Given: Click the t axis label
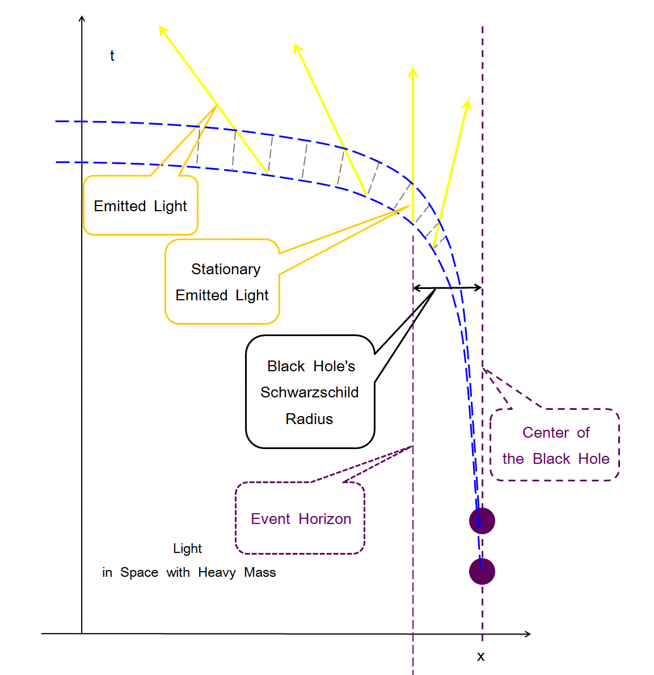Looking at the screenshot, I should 112,56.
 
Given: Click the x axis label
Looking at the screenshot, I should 480,657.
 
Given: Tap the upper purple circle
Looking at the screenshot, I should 482,521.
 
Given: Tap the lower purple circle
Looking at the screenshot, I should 482,571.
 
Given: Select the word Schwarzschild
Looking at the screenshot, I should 309,392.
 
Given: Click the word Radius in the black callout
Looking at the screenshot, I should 309,419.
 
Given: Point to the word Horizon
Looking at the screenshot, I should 325,519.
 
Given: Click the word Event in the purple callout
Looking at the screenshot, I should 271,519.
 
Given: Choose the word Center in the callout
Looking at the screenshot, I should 546,433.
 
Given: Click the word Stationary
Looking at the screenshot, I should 226,269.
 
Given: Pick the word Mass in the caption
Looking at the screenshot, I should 260,572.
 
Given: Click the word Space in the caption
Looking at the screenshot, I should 139,572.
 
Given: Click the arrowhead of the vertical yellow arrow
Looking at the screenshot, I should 413,72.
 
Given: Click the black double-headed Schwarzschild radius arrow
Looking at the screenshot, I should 448,288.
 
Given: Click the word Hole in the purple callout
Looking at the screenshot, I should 594,459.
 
